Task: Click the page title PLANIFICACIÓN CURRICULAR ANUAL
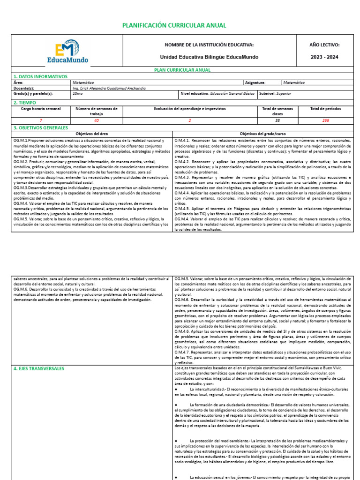[174, 25]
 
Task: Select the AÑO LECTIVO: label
[324, 45]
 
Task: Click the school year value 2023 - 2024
[324, 57]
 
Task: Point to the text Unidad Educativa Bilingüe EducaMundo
[209, 57]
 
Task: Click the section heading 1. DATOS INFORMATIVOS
[40, 76]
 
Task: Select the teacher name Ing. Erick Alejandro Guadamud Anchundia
[109, 88]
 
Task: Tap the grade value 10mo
[78, 94]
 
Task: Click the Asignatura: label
[255, 82]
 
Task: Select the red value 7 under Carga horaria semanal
[41, 120]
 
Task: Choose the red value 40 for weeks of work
[97, 120]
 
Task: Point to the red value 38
[277, 120]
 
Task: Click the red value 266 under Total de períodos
[326, 120]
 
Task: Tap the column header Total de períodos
[326, 109]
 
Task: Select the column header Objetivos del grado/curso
[263, 134]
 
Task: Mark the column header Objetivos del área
[92, 134]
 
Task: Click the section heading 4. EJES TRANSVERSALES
[39, 369]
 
